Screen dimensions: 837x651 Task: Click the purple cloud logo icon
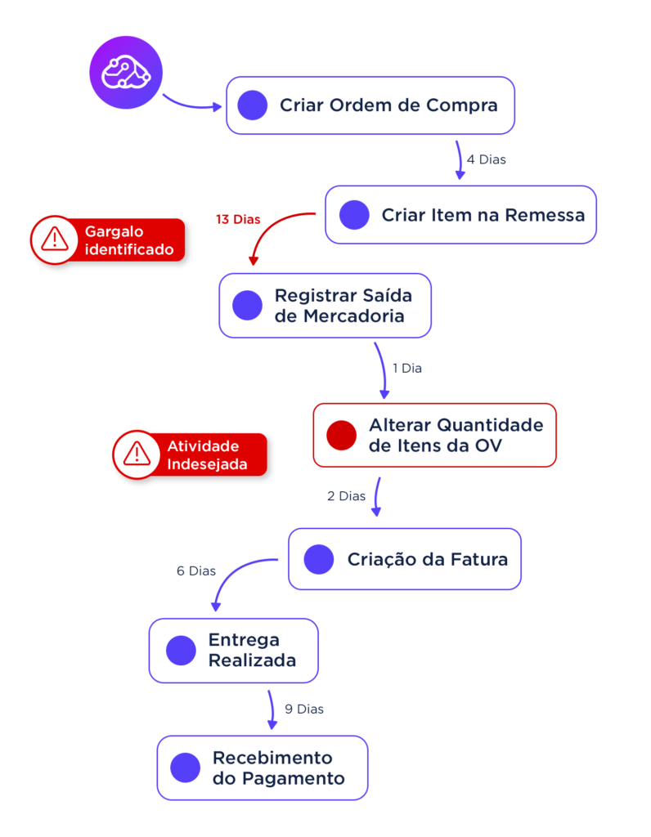pyautogui.click(x=120, y=72)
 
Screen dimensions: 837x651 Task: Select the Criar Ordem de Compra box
pyautogui.click(x=370, y=105)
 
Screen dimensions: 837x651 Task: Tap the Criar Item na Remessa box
pyautogui.click(x=460, y=215)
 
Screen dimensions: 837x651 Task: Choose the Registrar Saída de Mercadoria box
pyautogui.click(x=325, y=305)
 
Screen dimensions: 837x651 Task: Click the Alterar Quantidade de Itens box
pyautogui.click(x=434, y=435)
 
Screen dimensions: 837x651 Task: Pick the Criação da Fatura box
pyautogui.click(x=404, y=559)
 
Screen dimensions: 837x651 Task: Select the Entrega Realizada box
pyautogui.click(x=233, y=650)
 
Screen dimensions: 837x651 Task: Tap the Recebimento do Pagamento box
pyautogui.click(x=263, y=768)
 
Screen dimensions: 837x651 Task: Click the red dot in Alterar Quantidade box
pyautogui.click(x=341, y=435)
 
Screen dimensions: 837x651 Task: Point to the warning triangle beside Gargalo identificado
pyautogui.click(x=55, y=240)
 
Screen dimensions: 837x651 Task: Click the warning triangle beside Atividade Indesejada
pyautogui.click(x=137, y=454)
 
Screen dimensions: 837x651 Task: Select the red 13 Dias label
pyautogui.click(x=237, y=220)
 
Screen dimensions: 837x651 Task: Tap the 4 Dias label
pyautogui.click(x=487, y=159)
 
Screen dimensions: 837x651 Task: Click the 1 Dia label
pyautogui.click(x=406, y=369)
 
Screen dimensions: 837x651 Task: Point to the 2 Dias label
pyautogui.click(x=346, y=496)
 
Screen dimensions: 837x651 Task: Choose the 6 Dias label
pyautogui.click(x=195, y=571)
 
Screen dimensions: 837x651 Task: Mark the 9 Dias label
pyautogui.click(x=304, y=709)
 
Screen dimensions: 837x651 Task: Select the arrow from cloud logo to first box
pyautogui.click(x=191, y=104)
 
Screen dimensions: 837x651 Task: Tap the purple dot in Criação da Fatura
pyautogui.click(x=319, y=559)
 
